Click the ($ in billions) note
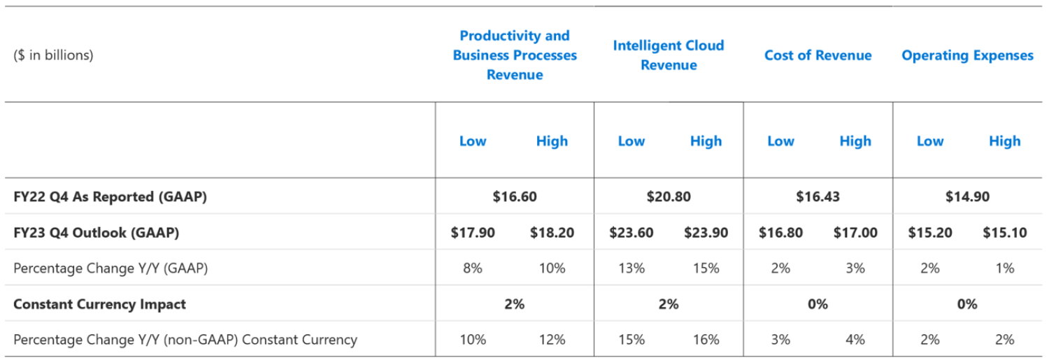coord(53,56)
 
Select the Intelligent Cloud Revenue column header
coord(669,55)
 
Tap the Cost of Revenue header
coord(818,56)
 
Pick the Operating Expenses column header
coord(967,56)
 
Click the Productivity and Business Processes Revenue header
coord(515,55)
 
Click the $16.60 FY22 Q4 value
coord(515,197)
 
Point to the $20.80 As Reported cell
coord(669,197)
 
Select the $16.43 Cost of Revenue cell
coord(818,197)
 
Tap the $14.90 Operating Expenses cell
coord(967,197)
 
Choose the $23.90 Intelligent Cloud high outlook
coord(706,233)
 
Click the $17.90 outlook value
coord(473,233)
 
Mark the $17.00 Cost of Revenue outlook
coord(855,233)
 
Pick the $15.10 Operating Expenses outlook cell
coord(1004,233)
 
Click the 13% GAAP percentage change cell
coord(631,268)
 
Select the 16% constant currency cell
coord(706,340)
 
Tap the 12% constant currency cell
coord(552,340)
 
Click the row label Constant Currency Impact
coord(99,304)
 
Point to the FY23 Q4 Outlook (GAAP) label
coord(96,233)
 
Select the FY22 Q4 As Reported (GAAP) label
coord(110,197)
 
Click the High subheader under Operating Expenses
coord(1004,141)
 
